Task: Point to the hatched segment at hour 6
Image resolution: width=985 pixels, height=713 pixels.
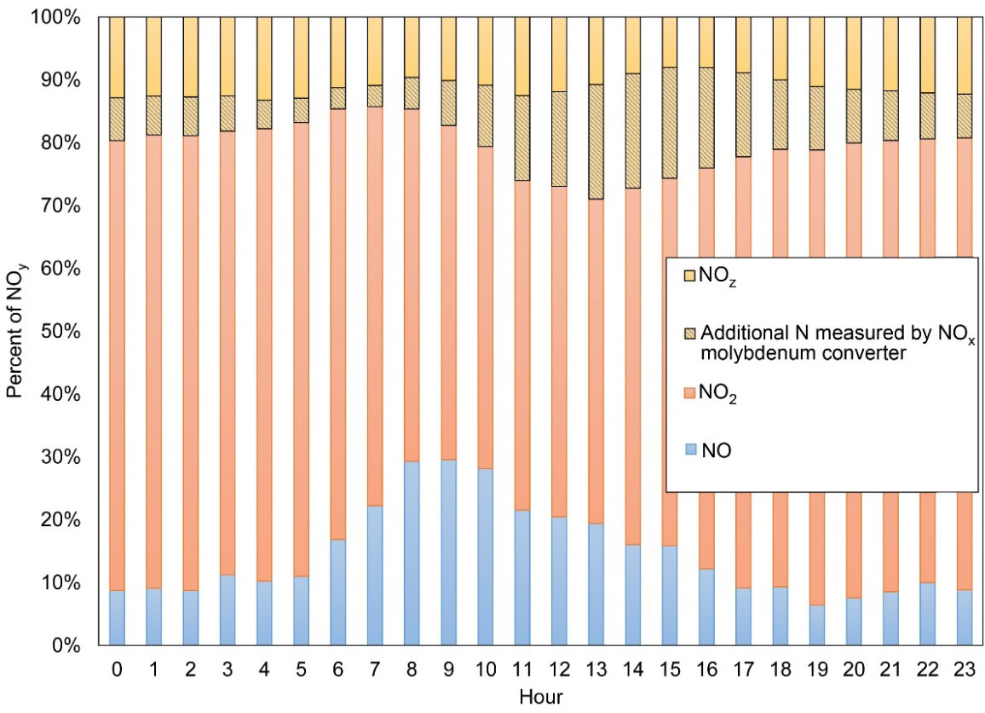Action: click(x=338, y=98)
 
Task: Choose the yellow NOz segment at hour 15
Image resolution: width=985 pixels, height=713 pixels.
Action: click(x=671, y=42)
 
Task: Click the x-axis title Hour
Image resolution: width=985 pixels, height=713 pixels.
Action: click(x=540, y=697)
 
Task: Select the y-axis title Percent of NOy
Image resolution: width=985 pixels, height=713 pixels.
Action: click(x=14, y=331)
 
